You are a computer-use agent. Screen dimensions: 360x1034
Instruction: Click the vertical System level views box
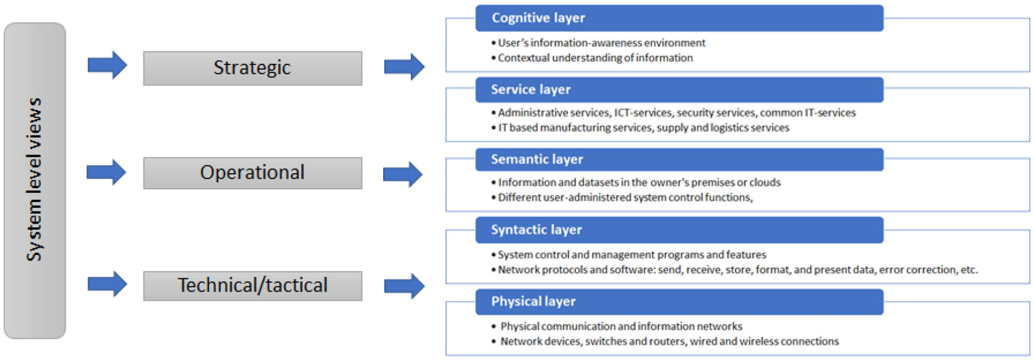pyautogui.click(x=35, y=180)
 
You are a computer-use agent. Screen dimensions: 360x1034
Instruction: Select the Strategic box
pyautogui.click(x=252, y=68)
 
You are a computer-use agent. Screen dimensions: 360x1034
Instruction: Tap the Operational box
pyautogui.click(x=252, y=173)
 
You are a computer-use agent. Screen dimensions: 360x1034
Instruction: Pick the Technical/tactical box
pyautogui.click(x=252, y=286)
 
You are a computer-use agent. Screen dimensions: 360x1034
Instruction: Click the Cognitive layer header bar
pyautogui.click(x=679, y=18)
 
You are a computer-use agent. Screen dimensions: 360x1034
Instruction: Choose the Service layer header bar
pyautogui.click(x=679, y=90)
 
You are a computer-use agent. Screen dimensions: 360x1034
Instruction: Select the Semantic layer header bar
pyautogui.click(x=679, y=160)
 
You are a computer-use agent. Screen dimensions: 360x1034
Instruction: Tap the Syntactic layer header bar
pyautogui.click(x=679, y=230)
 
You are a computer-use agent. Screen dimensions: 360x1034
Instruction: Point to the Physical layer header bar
pyautogui.click(x=679, y=302)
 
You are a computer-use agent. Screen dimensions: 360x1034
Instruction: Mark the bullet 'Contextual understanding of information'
pyautogui.click(x=595, y=58)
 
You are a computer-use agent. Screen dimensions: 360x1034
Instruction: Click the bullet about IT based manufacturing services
pyautogui.click(x=643, y=128)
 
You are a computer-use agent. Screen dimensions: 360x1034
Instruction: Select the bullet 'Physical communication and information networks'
pyautogui.click(x=621, y=327)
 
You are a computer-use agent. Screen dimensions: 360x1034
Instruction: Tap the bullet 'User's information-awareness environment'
pyautogui.click(x=601, y=43)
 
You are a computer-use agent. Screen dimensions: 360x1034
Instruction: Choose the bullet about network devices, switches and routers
pyautogui.click(x=668, y=341)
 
